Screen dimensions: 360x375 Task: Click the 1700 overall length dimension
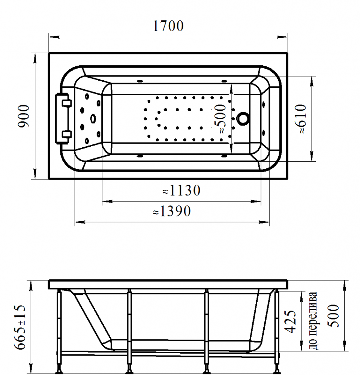[168, 26]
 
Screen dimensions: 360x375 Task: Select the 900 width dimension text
[24, 116]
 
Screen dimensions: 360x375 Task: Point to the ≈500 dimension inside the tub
[220, 119]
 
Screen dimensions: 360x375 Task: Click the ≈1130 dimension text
[181, 190]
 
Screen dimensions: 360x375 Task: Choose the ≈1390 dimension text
[172, 211]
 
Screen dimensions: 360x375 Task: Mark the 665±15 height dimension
[19, 327]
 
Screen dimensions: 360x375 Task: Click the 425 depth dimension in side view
[290, 321]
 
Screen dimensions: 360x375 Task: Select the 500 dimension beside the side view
[333, 316]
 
